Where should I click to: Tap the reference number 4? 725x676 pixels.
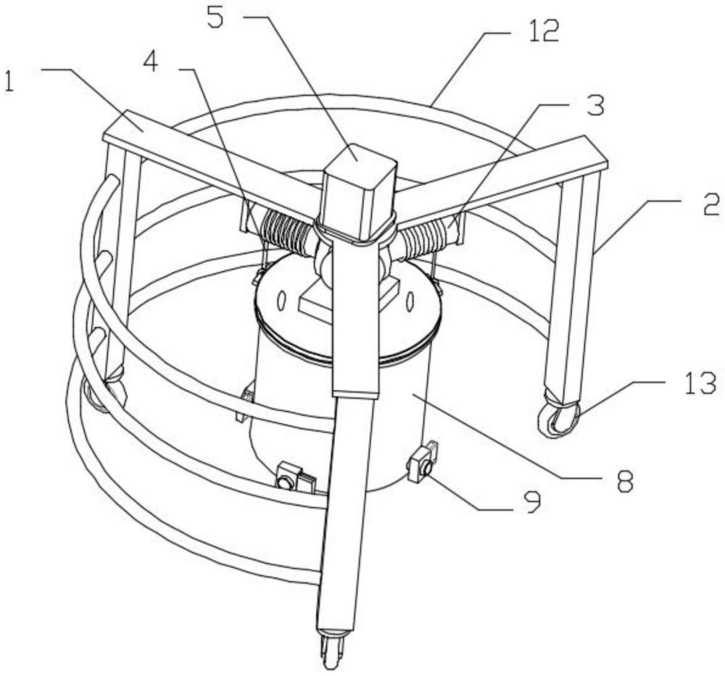[x=150, y=62]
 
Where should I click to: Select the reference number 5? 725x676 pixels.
[x=215, y=18]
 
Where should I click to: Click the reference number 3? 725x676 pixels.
[x=594, y=106]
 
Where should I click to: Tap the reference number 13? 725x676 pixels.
[x=700, y=384]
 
